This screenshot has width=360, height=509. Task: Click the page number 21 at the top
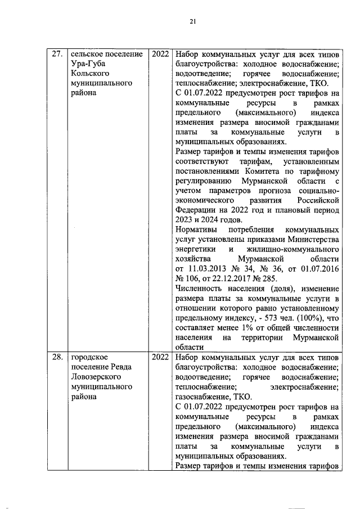[191, 21]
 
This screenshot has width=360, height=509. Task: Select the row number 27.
[56, 55]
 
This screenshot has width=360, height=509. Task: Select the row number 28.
[56, 357]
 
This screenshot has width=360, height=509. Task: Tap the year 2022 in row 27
[160, 55]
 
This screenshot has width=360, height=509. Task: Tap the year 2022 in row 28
[160, 357]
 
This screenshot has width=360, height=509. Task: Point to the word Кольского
[89, 74]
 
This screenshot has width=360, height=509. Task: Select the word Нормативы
[196, 230]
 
